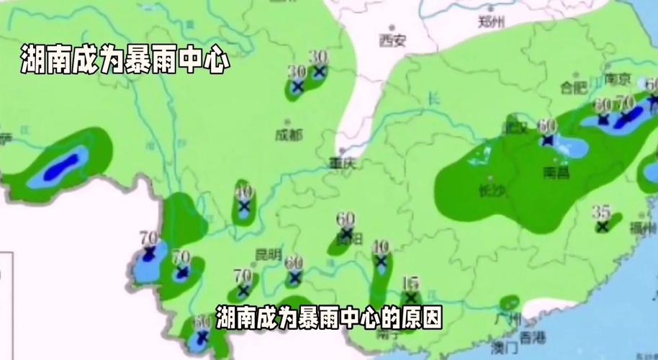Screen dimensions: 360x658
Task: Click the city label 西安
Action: pyautogui.click(x=393, y=40)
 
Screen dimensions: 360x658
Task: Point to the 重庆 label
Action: pyautogui.click(x=343, y=163)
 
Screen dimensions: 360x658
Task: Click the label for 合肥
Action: pyautogui.click(x=574, y=87)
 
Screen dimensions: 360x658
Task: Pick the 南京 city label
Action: pyautogui.click(x=618, y=78)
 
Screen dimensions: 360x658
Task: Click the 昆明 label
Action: pyautogui.click(x=268, y=253)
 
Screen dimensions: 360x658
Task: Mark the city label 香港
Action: pyautogui.click(x=533, y=337)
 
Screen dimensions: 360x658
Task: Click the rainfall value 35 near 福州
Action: pyautogui.click(x=601, y=212)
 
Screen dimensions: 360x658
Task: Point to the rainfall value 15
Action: pyautogui.click(x=411, y=282)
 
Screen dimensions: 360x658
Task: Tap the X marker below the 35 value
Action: pyautogui.click(x=602, y=226)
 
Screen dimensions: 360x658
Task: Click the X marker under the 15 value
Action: pyautogui.click(x=411, y=297)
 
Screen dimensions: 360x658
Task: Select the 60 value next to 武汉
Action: pyautogui.click(x=548, y=125)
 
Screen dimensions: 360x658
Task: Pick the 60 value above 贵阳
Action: pyautogui.click(x=346, y=219)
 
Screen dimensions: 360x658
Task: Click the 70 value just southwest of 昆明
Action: pyautogui.click(x=243, y=275)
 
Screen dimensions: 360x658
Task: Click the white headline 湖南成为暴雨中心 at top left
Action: pyautogui.click(x=125, y=60)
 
